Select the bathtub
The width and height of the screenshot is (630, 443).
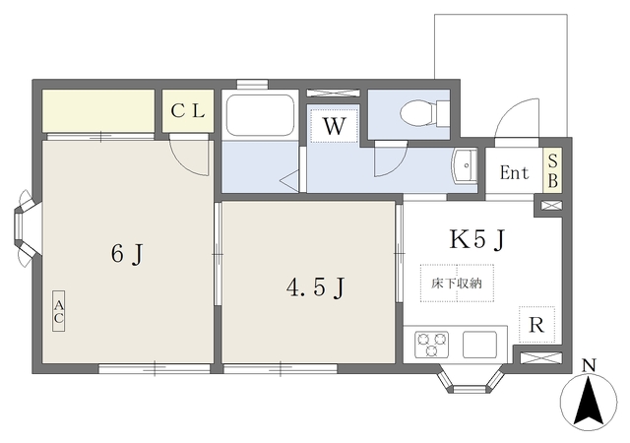coord(260,116)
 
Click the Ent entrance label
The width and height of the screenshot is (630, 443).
coord(514,174)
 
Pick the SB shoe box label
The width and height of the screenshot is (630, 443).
coord(552,172)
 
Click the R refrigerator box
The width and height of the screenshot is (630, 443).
coord(536,324)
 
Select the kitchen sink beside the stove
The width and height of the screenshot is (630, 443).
coord(481,345)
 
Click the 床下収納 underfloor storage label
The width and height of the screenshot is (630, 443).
coord(457,284)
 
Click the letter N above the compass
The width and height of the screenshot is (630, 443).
coord(590,366)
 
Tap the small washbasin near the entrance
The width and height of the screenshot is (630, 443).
coord(464,166)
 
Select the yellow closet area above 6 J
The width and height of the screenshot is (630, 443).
coord(98,110)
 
